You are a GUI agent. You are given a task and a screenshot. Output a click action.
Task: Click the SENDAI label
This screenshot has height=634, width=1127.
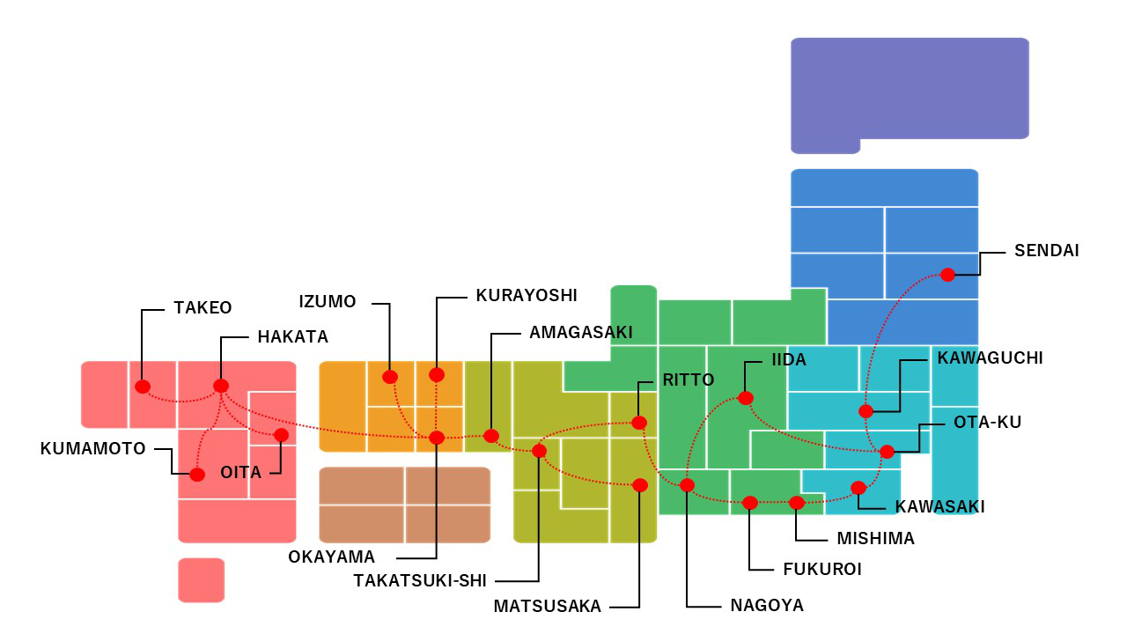(1047, 251)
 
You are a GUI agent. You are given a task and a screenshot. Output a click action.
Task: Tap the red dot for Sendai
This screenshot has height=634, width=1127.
(947, 275)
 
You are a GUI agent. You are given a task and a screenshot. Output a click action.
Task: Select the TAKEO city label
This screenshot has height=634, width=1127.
(203, 308)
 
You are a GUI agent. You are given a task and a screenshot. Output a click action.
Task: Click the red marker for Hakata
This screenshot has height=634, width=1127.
(221, 386)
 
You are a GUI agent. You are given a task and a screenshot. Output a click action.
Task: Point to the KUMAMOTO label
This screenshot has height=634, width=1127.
(93, 449)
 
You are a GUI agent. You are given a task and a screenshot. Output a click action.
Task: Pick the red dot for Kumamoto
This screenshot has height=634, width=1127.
(197, 475)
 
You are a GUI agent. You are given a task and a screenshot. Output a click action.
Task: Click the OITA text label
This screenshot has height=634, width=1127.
(241, 473)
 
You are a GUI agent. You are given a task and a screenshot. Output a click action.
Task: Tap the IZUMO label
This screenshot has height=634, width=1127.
(328, 302)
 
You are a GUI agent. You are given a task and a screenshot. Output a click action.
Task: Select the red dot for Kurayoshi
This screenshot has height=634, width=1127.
(437, 375)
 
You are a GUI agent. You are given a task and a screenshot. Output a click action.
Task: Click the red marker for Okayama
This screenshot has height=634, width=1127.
(437, 438)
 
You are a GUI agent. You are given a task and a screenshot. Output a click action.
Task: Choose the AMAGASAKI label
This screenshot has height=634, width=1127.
(581, 333)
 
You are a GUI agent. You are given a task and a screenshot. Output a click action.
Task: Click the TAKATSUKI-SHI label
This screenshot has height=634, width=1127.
(420, 581)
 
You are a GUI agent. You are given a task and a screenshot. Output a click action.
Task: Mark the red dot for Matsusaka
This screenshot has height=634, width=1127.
(640, 485)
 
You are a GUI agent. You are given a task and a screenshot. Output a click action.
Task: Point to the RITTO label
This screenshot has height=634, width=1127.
(689, 380)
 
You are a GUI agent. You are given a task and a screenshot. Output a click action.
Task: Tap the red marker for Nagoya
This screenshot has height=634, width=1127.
(688, 485)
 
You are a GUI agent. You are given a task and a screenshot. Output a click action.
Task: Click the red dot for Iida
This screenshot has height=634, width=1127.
(746, 398)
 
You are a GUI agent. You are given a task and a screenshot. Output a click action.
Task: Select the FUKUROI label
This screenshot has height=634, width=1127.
(822, 570)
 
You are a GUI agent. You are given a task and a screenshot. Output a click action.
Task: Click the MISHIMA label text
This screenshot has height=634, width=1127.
(876, 539)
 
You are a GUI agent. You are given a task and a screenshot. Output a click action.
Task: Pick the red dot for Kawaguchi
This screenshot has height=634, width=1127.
(866, 411)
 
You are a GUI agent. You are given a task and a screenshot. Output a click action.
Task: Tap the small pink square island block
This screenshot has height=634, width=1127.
(202, 580)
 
